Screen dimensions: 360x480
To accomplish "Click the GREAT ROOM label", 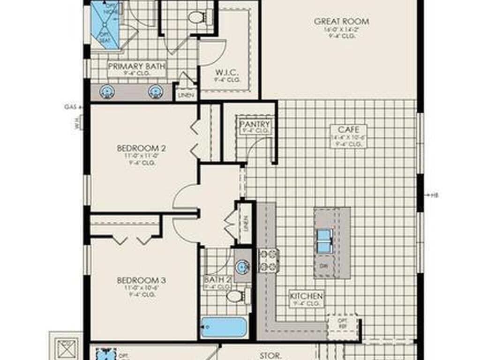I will click(341, 22).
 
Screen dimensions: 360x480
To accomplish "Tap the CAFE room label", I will click(348, 129).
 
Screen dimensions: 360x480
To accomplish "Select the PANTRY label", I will click(255, 124).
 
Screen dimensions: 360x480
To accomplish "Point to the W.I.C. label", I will click(228, 73).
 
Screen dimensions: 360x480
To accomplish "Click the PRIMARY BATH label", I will click(137, 67).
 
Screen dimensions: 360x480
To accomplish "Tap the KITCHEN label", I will click(306, 296).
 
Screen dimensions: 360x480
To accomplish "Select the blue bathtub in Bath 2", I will click(224, 327).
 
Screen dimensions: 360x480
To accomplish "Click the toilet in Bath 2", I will click(235, 296).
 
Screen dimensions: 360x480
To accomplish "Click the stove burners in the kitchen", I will click(269, 261).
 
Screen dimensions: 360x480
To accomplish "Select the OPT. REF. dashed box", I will click(342, 323).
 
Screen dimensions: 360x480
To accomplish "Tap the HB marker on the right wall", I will click(435, 195).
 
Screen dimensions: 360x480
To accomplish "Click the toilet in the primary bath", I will click(195, 17).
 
